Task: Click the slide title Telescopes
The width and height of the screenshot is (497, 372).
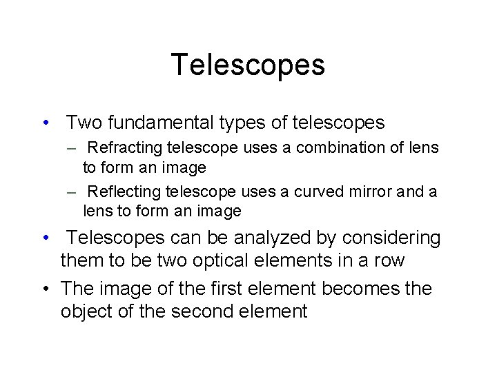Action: click(x=248, y=65)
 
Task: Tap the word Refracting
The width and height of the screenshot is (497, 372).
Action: click(x=122, y=147)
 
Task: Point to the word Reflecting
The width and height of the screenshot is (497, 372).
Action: click(x=122, y=191)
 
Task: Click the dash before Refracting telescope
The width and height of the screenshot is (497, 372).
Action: click(x=72, y=148)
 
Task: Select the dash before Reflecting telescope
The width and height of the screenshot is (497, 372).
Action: click(x=72, y=192)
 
